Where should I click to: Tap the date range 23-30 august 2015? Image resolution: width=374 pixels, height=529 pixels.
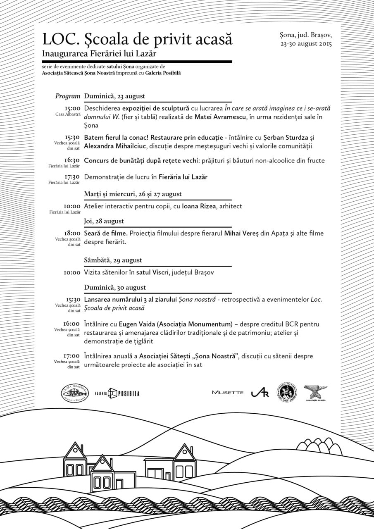tap(305, 43)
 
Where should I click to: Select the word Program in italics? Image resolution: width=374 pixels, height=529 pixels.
tap(68, 96)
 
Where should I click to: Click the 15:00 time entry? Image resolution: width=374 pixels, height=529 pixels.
tap(72, 108)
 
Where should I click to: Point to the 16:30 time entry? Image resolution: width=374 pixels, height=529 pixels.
tap(72, 160)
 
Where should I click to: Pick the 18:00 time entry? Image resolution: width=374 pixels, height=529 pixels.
tap(72, 233)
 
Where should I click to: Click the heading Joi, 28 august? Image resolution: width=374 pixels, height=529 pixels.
tap(104, 221)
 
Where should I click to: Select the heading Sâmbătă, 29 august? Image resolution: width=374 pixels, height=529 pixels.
tap(113, 260)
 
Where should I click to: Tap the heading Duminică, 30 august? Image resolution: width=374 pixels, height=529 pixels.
tap(114, 287)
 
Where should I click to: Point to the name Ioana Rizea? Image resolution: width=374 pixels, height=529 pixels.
tap(199, 206)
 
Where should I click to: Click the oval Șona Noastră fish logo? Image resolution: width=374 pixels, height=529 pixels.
tap(74, 393)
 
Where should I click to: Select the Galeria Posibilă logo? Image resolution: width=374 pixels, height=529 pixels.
tap(117, 393)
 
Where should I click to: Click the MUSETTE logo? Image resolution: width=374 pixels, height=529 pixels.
tap(228, 393)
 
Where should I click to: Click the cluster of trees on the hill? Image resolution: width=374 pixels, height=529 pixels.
tap(319, 447)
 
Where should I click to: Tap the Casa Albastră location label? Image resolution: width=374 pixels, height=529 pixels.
tap(68, 114)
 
